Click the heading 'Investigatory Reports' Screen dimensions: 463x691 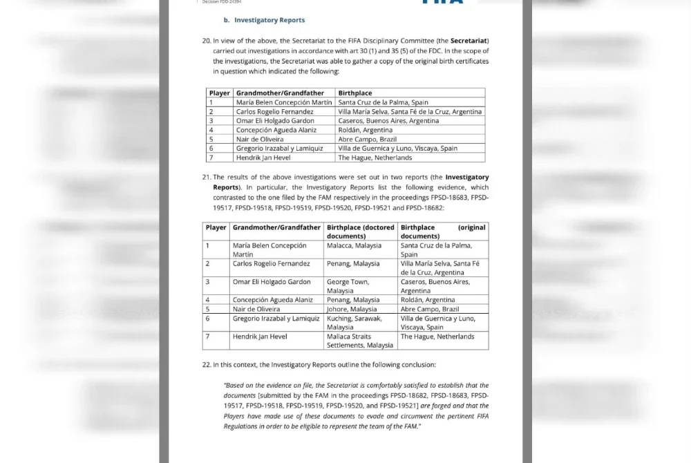[269, 20]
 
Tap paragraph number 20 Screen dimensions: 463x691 [206, 41]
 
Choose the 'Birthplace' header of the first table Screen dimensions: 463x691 [354, 93]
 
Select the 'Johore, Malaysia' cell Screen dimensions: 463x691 [352, 309]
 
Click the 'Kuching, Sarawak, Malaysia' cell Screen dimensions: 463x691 [354, 323]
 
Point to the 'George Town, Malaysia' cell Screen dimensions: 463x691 [348, 286]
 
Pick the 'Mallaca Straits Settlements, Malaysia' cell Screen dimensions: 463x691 [360, 341]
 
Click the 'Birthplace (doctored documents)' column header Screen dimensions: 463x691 [360, 231]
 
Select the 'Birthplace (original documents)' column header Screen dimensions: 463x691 [443, 231]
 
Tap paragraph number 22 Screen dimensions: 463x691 [206, 364]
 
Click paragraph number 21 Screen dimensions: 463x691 [206, 178]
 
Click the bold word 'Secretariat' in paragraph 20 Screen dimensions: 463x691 [469, 41]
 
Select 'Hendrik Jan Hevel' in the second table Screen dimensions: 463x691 [260, 337]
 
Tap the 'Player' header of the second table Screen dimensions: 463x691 [216, 227]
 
